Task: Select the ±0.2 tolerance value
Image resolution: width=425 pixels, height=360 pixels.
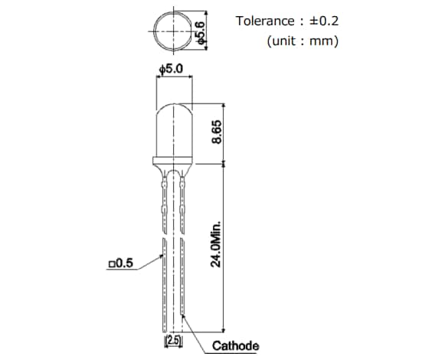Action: tap(323, 21)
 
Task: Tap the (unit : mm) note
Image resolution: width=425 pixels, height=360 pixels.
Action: tap(302, 41)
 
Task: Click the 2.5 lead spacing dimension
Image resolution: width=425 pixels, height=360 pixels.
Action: tap(173, 338)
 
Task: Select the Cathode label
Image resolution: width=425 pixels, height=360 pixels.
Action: tap(236, 346)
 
